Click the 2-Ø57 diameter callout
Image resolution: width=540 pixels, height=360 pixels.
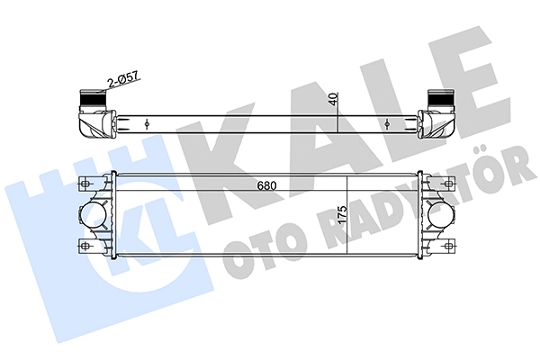123,79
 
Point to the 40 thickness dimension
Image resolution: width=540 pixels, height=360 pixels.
333,98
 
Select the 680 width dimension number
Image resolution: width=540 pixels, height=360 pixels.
266,186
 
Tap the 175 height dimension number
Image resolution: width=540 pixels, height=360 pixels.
342,215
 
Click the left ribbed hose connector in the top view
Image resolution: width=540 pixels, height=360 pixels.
91,99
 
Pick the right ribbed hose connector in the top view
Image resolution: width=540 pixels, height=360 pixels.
440,99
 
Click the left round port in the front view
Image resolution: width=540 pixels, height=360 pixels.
93,216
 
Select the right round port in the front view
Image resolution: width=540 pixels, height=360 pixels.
440,216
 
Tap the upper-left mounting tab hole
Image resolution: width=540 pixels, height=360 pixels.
85,184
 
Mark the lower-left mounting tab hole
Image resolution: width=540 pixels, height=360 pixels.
85,246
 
